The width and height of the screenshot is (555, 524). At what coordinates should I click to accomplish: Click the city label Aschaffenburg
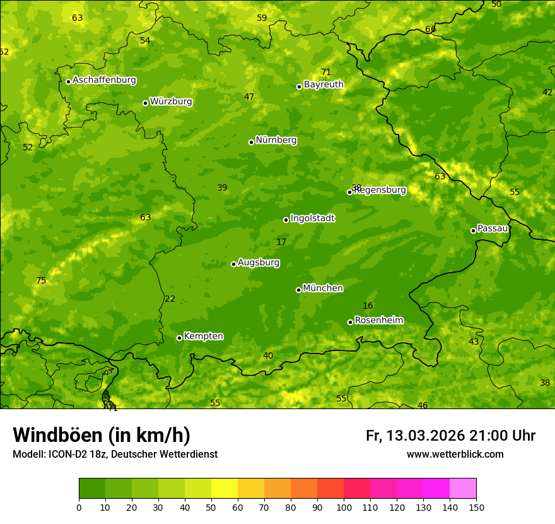tap(104, 80)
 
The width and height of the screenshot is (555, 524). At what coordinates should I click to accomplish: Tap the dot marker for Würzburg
tap(145, 103)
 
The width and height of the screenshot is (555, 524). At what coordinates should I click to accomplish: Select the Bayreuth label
tap(324, 85)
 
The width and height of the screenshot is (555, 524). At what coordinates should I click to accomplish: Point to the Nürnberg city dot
tap(251, 142)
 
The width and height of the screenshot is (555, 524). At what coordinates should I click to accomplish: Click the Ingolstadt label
tap(312, 218)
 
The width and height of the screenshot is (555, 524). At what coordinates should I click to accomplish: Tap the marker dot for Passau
tap(473, 230)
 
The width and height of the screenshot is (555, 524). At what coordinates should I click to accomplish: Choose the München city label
tap(323, 289)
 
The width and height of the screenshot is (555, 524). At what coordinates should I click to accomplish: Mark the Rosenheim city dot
tap(350, 323)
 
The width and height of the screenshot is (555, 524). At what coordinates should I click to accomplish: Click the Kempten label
tap(203, 336)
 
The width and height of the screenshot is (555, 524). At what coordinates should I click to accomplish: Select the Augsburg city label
tap(259, 263)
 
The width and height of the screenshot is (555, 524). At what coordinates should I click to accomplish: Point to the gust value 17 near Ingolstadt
tap(281, 242)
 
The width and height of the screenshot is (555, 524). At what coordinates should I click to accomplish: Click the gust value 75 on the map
tap(41, 281)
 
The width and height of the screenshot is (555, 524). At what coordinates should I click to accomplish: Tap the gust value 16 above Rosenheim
tap(368, 306)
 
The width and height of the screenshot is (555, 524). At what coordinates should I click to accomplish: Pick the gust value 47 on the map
tap(249, 97)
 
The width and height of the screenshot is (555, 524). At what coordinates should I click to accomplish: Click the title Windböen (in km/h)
tap(102, 435)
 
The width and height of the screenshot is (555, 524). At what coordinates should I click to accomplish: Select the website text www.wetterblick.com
tap(455, 455)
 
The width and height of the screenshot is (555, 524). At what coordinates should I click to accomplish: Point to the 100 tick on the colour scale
tap(344, 506)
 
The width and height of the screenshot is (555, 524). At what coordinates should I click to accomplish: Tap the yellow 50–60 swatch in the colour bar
tap(225, 489)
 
